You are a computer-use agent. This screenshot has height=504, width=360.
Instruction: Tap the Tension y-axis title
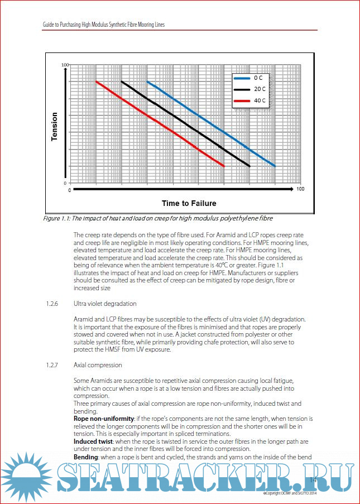pyautogui.click(x=54, y=127)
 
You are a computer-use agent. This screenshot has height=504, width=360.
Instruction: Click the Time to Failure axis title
pyautogui.click(x=189, y=203)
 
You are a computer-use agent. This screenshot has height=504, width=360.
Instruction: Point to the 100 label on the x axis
pyautogui.click(x=300, y=190)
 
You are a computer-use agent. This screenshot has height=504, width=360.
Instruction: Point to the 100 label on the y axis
pyautogui.click(x=64, y=65)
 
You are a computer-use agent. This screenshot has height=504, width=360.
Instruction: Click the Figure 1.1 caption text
pyautogui.click(x=158, y=218)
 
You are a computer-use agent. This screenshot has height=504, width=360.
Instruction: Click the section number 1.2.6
pyautogui.click(x=53, y=304)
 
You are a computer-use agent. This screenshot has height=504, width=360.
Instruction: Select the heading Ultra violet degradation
pyautogui.click(x=105, y=304)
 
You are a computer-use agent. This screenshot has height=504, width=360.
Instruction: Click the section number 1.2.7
pyautogui.click(x=53, y=364)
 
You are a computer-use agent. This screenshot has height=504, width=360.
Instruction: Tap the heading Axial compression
pyautogui.click(x=98, y=364)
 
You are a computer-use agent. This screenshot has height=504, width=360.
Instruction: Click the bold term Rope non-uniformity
pyautogui.click(x=103, y=418)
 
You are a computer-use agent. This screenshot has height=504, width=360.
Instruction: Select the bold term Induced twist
pyautogui.click(x=93, y=440)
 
